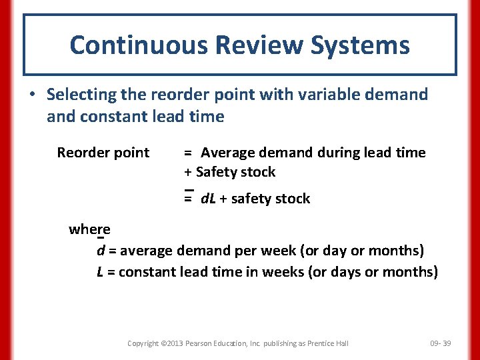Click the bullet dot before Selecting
point(32,95)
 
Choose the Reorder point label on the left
point(103,153)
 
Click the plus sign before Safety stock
point(188,172)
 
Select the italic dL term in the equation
point(208,199)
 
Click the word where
point(89,229)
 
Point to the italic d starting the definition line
point(101,251)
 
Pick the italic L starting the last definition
point(100,272)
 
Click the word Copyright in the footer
point(143,343)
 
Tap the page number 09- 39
point(441,343)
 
